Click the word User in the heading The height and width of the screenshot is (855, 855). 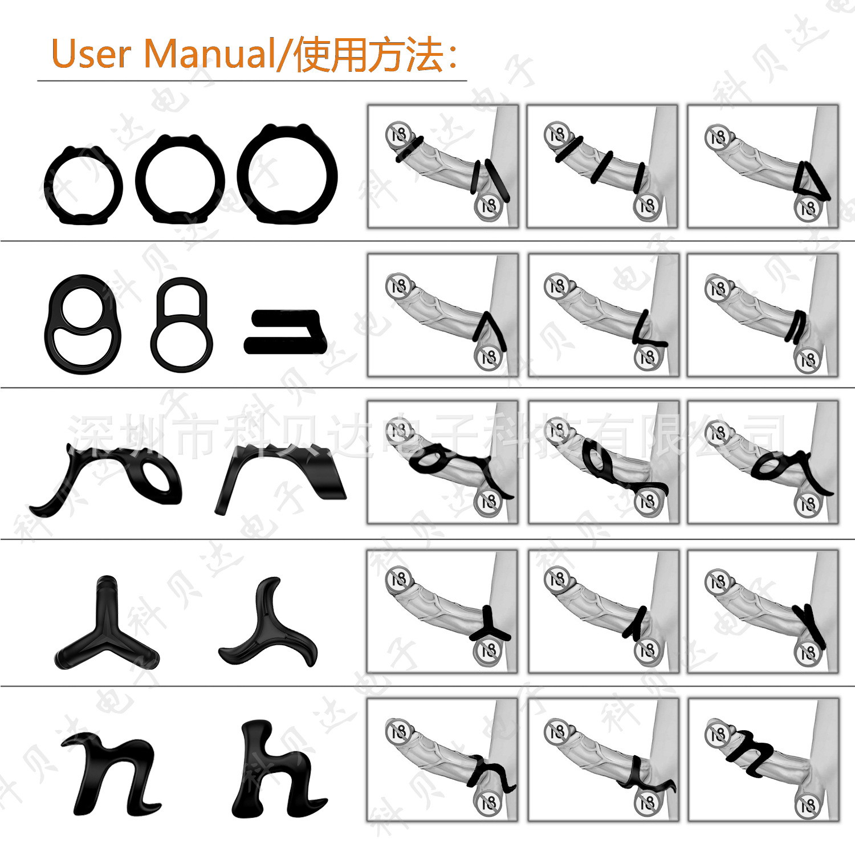point(91,54)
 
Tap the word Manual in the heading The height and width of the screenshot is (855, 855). point(209,54)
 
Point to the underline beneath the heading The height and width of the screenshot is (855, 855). point(251,81)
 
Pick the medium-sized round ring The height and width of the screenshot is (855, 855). point(180,180)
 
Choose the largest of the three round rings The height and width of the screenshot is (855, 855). point(287,175)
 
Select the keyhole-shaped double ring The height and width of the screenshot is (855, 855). point(182,324)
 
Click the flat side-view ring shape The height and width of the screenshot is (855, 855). point(286,331)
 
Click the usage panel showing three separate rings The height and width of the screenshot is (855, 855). point(601,166)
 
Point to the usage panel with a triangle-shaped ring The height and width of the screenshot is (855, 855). point(763,166)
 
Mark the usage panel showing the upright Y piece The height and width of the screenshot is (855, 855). point(442,611)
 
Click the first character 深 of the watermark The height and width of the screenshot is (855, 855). point(91,438)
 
